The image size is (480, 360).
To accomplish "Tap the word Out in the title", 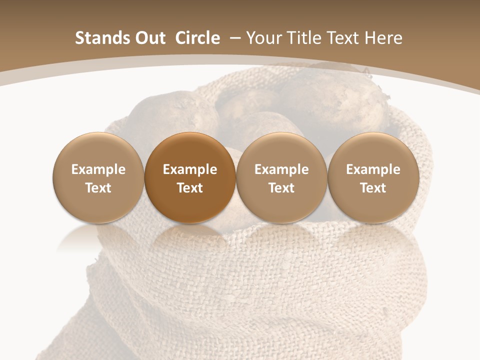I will (150, 38).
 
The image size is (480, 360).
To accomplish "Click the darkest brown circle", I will (190, 177).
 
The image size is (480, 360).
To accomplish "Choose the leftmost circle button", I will (98, 177).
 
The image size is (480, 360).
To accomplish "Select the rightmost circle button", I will (373, 177).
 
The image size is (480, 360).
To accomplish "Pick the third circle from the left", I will (281, 177).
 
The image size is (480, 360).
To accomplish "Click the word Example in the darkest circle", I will (190, 169).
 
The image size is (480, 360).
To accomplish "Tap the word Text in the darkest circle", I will (190, 188).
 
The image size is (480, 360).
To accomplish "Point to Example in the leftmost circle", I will (98, 169).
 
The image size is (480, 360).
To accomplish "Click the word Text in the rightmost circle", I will (373, 188).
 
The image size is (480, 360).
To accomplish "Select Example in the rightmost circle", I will (373, 169).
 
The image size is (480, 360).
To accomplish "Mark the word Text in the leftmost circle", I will (98, 188).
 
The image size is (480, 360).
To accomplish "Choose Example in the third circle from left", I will (281, 169).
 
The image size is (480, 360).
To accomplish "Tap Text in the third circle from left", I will (281, 188).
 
